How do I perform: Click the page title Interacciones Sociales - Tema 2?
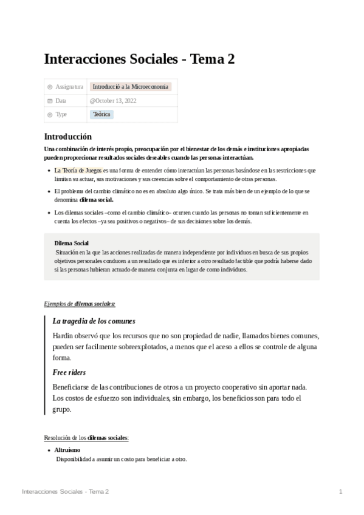[x=139, y=59]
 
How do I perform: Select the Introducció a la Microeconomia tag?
[x=131, y=87]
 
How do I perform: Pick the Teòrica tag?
[x=101, y=114]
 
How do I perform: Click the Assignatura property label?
[x=69, y=87]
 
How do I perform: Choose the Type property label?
[x=61, y=114]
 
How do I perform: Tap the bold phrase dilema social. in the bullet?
[x=96, y=199]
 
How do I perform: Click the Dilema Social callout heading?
[x=72, y=243]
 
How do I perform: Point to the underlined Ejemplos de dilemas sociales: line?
[x=80, y=303]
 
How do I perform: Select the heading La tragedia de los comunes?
[x=94, y=321]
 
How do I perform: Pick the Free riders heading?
[x=69, y=372]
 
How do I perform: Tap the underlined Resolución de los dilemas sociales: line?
[x=86, y=437]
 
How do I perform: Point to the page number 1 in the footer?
[x=341, y=491]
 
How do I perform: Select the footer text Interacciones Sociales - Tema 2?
[x=65, y=491]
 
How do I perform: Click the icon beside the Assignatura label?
[x=50, y=87]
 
